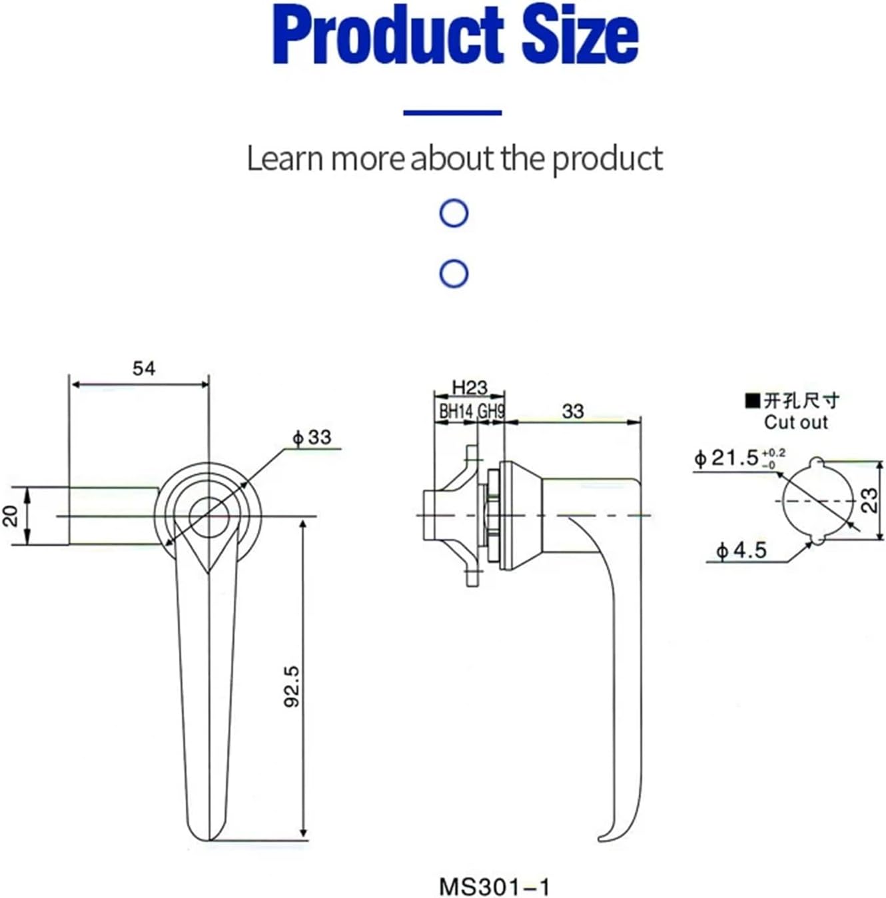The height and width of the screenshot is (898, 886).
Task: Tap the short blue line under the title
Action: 452,113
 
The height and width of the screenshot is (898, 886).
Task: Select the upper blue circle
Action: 454,213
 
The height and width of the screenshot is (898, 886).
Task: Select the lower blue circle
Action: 454,274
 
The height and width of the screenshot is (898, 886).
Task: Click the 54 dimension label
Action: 143,368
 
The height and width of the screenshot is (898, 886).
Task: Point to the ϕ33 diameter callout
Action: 312,438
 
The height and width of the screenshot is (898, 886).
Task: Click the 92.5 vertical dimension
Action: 292,686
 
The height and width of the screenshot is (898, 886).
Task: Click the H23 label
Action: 470,387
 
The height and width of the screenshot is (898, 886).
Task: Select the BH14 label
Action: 456,412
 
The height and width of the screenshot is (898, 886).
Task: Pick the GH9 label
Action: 491,412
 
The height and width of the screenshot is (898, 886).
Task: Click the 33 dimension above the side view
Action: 573,411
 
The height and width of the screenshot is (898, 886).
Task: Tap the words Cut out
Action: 795,422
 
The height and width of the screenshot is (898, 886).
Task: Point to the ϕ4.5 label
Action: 741,551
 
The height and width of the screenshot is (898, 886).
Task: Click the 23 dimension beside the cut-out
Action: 871,500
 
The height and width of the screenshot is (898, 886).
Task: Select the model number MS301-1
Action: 495,887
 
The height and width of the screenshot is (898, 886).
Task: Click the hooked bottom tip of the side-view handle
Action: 605,837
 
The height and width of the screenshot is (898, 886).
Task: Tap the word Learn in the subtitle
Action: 285,159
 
